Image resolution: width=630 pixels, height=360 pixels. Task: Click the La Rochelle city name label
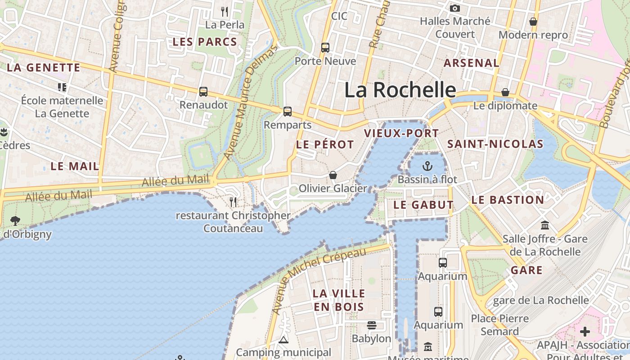click(x=400, y=90)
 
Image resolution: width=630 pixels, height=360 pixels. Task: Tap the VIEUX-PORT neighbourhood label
click(x=401, y=133)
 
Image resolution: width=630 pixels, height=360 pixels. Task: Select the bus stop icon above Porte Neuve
click(x=325, y=47)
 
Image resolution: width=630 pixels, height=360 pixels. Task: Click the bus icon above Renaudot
click(x=203, y=91)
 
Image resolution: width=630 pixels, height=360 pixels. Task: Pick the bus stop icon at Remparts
click(x=288, y=111)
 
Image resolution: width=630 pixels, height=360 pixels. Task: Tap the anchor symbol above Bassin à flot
click(x=427, y=166)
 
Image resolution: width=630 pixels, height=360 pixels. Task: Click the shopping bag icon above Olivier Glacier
click(x=333, y=175)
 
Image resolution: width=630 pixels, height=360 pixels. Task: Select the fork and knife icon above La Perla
click(x=225, y=11)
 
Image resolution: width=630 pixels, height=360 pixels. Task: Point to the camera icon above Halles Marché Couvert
click(x=455, y=8)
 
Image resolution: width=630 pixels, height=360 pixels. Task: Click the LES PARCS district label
click(x=205, y=42)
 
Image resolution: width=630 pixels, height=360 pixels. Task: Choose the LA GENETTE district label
click(x=44, y=68)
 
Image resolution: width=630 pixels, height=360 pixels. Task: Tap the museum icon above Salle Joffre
click(x=545, y=225)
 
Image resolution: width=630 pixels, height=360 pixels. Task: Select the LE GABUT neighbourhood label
click(x=423, y=205)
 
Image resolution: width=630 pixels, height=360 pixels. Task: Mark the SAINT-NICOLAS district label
click(x=495, y=144)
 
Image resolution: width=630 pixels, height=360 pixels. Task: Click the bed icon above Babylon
click(x=371, y=325)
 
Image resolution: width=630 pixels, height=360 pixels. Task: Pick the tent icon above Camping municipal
click(x=283, y=339)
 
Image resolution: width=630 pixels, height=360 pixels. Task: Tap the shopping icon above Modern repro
click(x=533, y=21)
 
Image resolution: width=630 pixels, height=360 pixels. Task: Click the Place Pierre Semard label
click(x=500, y=325)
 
